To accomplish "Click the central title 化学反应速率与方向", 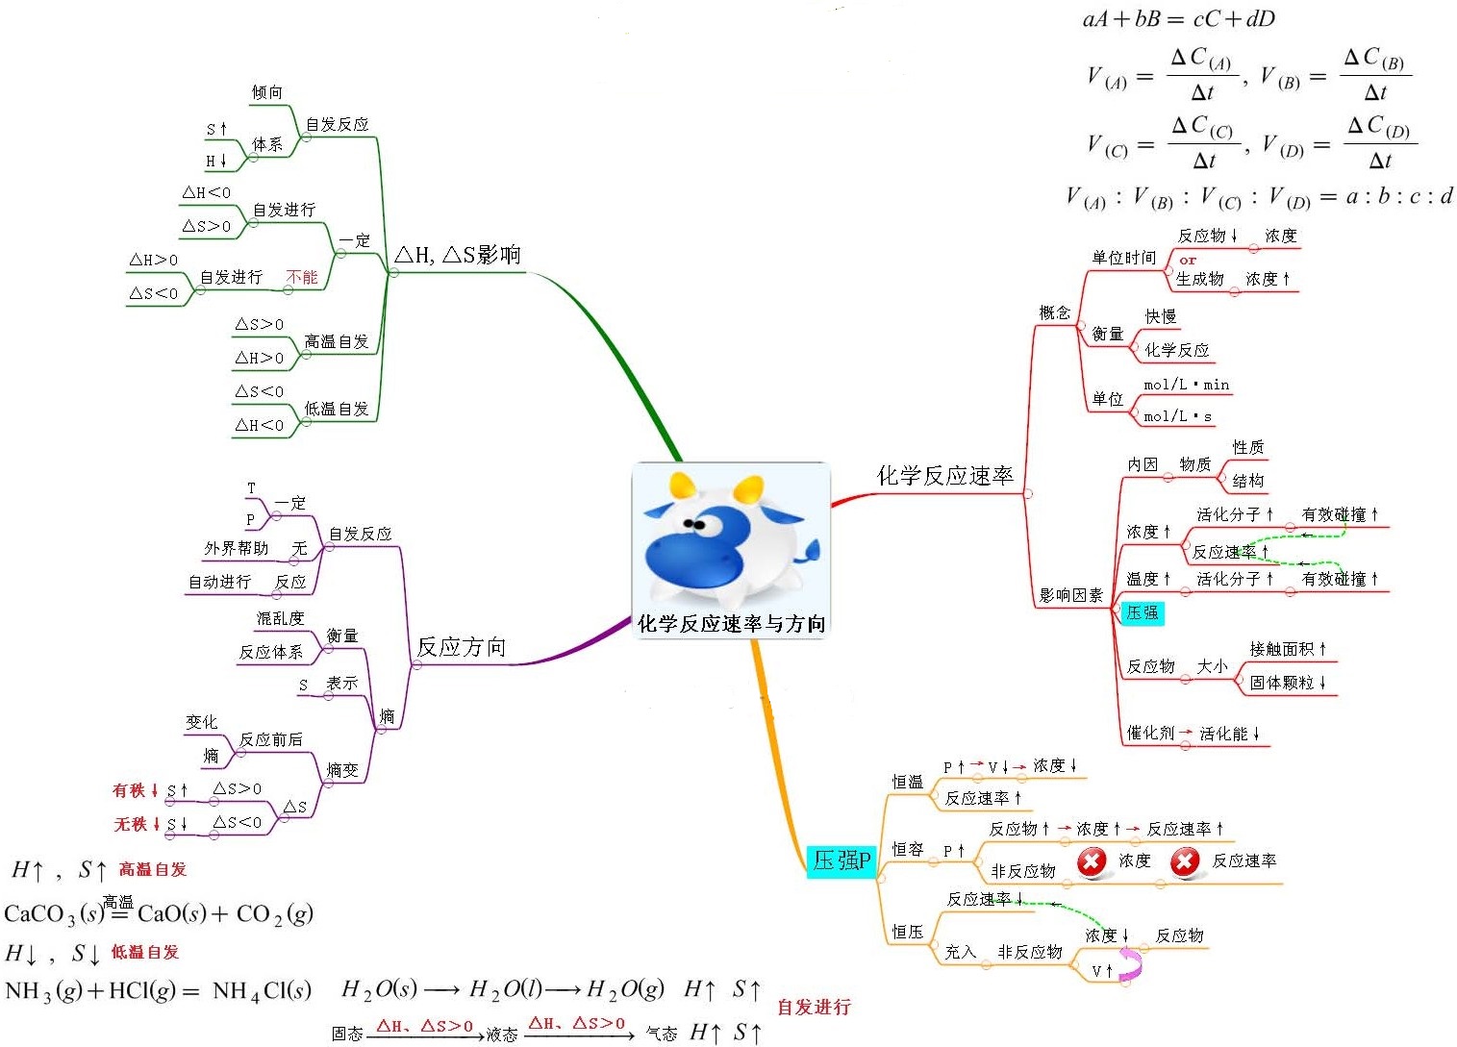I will coord(731,624).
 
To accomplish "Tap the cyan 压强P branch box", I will coord(842,860).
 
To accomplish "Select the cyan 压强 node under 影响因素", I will coord(1143,612).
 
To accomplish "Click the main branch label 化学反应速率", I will coord(944,476).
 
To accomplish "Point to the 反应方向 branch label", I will coord(461,647).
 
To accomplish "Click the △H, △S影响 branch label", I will coord(458,255).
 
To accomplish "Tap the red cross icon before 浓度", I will coord(1092,861).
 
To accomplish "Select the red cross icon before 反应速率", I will coord(1185,861).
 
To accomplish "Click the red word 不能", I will coord(302,277).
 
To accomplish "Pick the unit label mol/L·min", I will coord(1186,385).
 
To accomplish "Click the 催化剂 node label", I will coord(1150,733).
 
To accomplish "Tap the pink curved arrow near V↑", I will coord(1132,964).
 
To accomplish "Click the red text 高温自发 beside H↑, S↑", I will coord(152,869).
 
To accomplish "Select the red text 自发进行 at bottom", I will coord(814,1007).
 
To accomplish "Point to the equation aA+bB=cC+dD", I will coord(1178,19).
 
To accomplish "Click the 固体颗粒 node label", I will coord(1281,683).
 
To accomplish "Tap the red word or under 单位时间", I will coord(1188,260).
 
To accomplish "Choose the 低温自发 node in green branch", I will coord(337,409).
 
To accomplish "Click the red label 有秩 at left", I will coord(129,790).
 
